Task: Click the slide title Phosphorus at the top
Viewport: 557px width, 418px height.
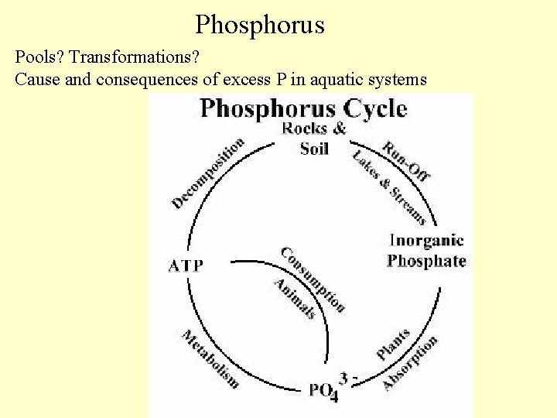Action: [259, 25]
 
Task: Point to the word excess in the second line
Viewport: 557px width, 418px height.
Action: [255, 79]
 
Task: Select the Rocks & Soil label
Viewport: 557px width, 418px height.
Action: [314, 138]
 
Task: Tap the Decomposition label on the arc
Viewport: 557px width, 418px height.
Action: [207, 172]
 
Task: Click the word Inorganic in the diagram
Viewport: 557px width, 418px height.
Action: [426, 240]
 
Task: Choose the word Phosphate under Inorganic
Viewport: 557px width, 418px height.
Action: [426, 260]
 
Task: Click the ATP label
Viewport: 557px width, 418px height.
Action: [186, 266]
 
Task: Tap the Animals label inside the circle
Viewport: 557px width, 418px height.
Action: [294, 298]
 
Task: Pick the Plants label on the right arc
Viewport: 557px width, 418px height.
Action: [393, 344]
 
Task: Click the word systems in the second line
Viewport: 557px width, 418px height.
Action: [401, 79]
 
